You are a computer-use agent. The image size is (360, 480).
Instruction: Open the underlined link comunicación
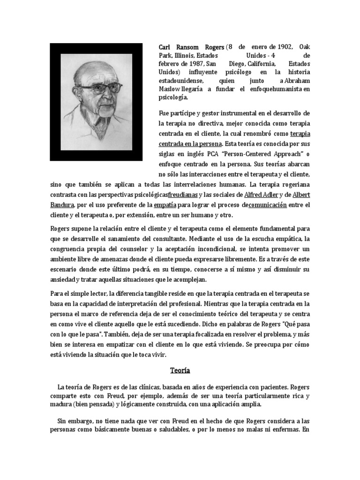coord(267,205)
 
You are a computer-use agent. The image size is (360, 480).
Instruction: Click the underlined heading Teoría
coord(180,370)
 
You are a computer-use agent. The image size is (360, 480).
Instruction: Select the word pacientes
coord(272,388)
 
